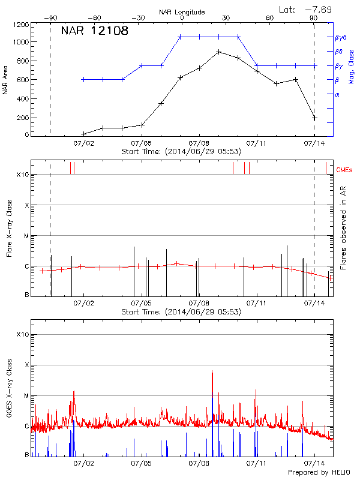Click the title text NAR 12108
click(95, 31)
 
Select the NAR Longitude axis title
click(182, 12)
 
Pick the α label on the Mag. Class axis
click(337, 94)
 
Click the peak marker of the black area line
click(219, 52)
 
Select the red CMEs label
click(345, 170)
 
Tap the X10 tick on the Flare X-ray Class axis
click(23, 175)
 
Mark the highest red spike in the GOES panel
click(212, 371)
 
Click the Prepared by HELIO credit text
click(319, 473)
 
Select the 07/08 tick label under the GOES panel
click(199, 464)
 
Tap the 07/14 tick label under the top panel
click(314, 144)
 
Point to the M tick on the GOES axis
click(26, 396)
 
